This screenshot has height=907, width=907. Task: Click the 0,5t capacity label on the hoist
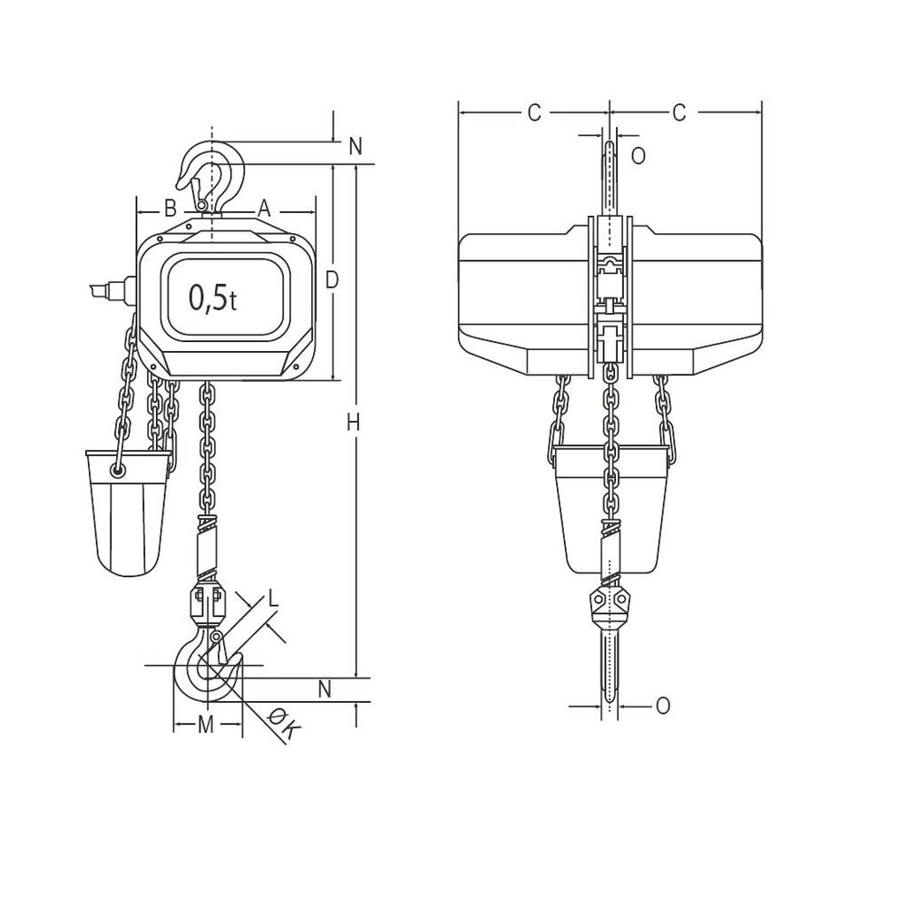point(213,297)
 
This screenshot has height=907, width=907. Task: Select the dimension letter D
point(332,281)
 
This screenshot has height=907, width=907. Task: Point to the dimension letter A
point(264,208)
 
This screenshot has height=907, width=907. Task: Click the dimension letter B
point(169,208)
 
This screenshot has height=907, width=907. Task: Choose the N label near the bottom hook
point(325,689)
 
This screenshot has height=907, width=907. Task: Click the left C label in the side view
point(534,112)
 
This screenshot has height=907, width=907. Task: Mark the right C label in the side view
point(678,112)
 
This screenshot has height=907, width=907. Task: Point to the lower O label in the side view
point(663,705)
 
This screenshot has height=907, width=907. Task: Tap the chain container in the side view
point(611,508)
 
